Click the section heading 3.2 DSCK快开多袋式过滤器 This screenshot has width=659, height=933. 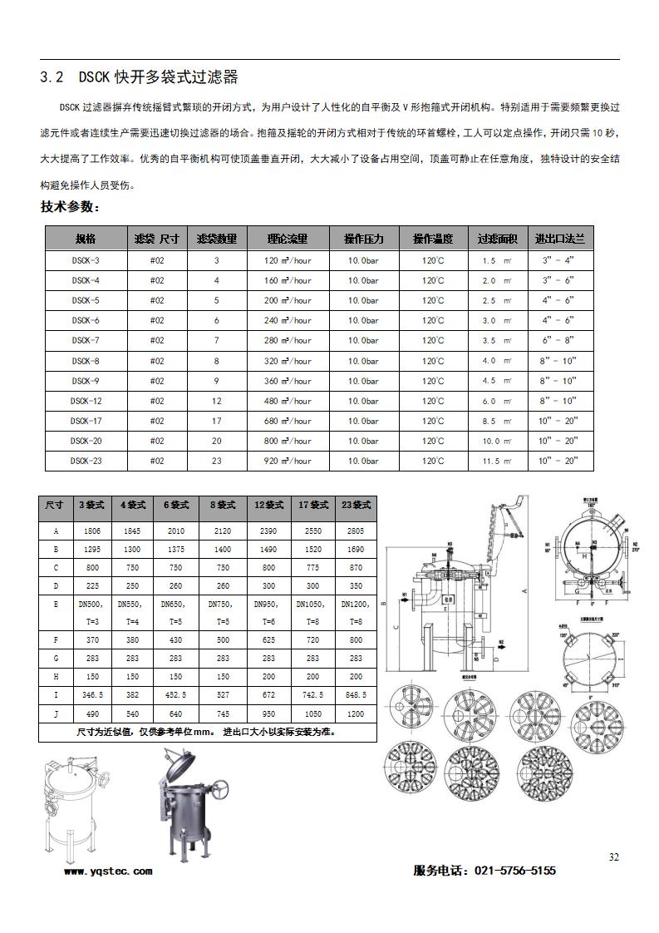(139, 77)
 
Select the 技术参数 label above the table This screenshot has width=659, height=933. (70, 206)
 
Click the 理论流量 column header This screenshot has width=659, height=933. (288, 239)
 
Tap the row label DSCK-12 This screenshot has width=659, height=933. (86, 401)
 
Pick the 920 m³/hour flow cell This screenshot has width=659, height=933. (288, 461)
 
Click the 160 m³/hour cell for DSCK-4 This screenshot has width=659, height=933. (288, 280)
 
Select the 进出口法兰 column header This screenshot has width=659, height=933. (559, 239)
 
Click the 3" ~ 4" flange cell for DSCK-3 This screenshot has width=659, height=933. (558, 260)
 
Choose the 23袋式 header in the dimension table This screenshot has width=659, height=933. (356, 505)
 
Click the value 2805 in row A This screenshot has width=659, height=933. (356, 530)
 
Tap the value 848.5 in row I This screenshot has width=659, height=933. (356, 694)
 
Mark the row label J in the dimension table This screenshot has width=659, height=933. (56, 713)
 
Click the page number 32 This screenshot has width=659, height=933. (614, 857)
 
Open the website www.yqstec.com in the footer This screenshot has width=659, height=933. (108, 871)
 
